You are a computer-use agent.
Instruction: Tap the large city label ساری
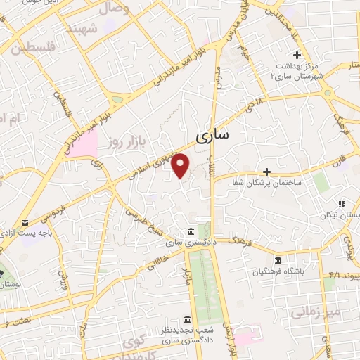coord(210,136)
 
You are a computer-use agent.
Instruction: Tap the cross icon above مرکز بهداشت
coord(297,55)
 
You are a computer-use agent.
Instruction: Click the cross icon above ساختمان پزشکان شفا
coord(266,171)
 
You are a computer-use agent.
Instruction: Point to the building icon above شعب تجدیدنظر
coord(186,318)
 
